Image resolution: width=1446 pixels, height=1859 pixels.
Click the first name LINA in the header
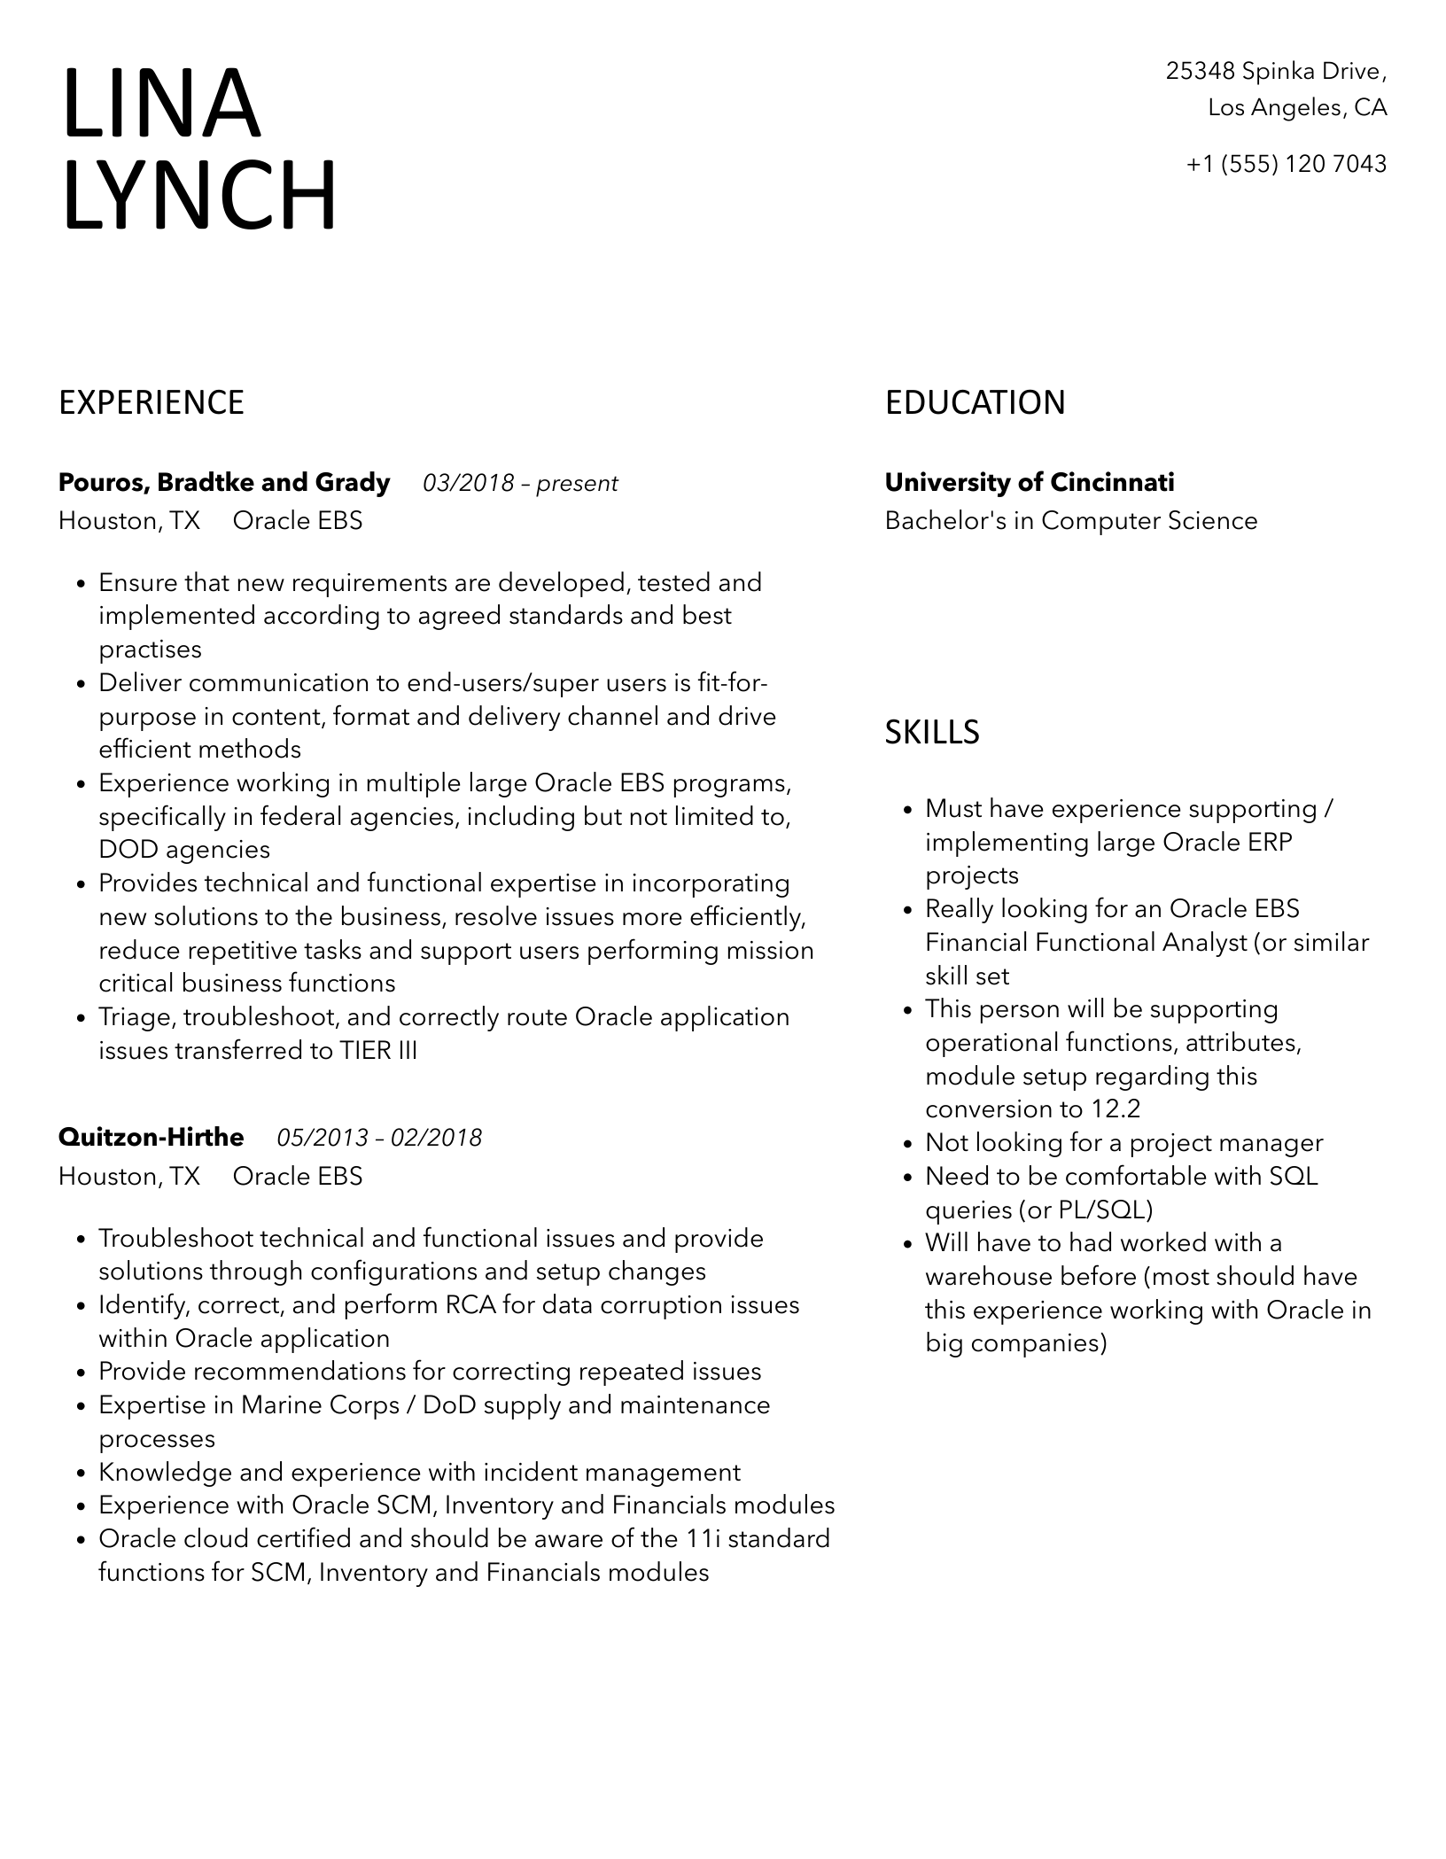[x=162, y=104]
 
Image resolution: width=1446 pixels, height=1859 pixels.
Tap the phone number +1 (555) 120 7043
[x=1286, y=164]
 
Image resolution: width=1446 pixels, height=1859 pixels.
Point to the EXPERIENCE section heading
[x=152, y=403]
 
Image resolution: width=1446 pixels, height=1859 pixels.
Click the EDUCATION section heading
[x=975, y=403]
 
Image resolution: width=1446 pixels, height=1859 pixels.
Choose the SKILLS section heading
[x=932, y=733]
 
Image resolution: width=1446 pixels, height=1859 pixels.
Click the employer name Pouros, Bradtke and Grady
[x=224, y=483]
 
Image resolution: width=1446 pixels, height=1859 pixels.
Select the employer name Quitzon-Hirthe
[x=152, y=1138]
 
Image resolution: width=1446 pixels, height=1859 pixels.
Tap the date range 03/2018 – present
[x=520, y=484]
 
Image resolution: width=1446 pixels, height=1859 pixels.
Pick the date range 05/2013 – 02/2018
[x=379, y=1139]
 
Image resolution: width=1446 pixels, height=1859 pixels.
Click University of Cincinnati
[x=1030, y=483]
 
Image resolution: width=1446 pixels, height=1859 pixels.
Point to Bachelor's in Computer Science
[x=1071, y=521]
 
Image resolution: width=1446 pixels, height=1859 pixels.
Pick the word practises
[x=151, y=649]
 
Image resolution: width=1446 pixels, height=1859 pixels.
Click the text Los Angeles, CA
[x=1297, y=108]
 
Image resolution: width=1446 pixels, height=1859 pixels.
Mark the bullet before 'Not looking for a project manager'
[x=907, y=1144]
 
